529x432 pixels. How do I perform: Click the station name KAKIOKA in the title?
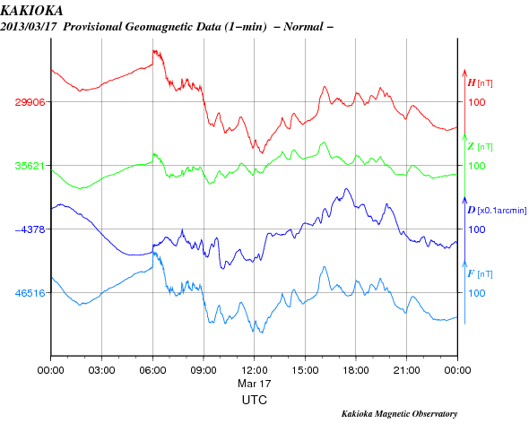point(31,11)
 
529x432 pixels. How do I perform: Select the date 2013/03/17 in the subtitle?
point(29,27)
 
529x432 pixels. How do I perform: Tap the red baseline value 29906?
point(30,102)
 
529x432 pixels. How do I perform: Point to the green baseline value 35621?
point(30,166)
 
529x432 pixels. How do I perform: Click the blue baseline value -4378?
point(30,229)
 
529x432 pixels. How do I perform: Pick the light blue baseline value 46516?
point(30,293)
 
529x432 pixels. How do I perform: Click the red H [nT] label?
point(480,83)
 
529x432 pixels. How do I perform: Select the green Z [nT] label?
point(480,147)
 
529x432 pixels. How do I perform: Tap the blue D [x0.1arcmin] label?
point(497,211)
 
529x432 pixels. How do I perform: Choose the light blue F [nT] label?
point(480,274)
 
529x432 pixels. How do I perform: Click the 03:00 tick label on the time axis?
point(101,370)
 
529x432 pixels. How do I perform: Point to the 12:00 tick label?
point(254,370)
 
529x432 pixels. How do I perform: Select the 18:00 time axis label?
point(356,370)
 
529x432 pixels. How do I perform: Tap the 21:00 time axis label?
point(406,370)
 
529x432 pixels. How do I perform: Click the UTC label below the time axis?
point(255,401)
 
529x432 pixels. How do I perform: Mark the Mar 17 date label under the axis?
point(255,384)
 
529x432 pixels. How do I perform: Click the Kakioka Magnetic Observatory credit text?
point(400,414)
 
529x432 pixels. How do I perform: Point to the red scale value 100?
point(477,102)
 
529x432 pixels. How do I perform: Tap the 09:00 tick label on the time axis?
point(204,370)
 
